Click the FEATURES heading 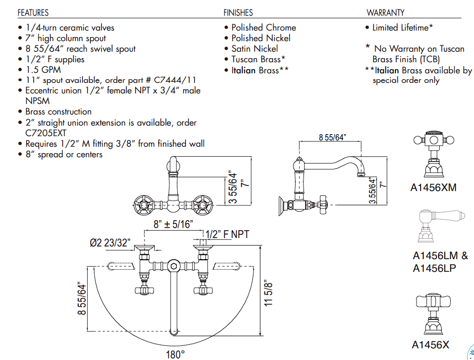[33, 13]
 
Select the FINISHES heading [238, 13]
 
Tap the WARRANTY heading [385, 13]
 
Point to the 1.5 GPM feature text [43, 70]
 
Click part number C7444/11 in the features [175, 80]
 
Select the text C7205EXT [45, 133]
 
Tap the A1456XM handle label [433, 187]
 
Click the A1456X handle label [431, 345]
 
